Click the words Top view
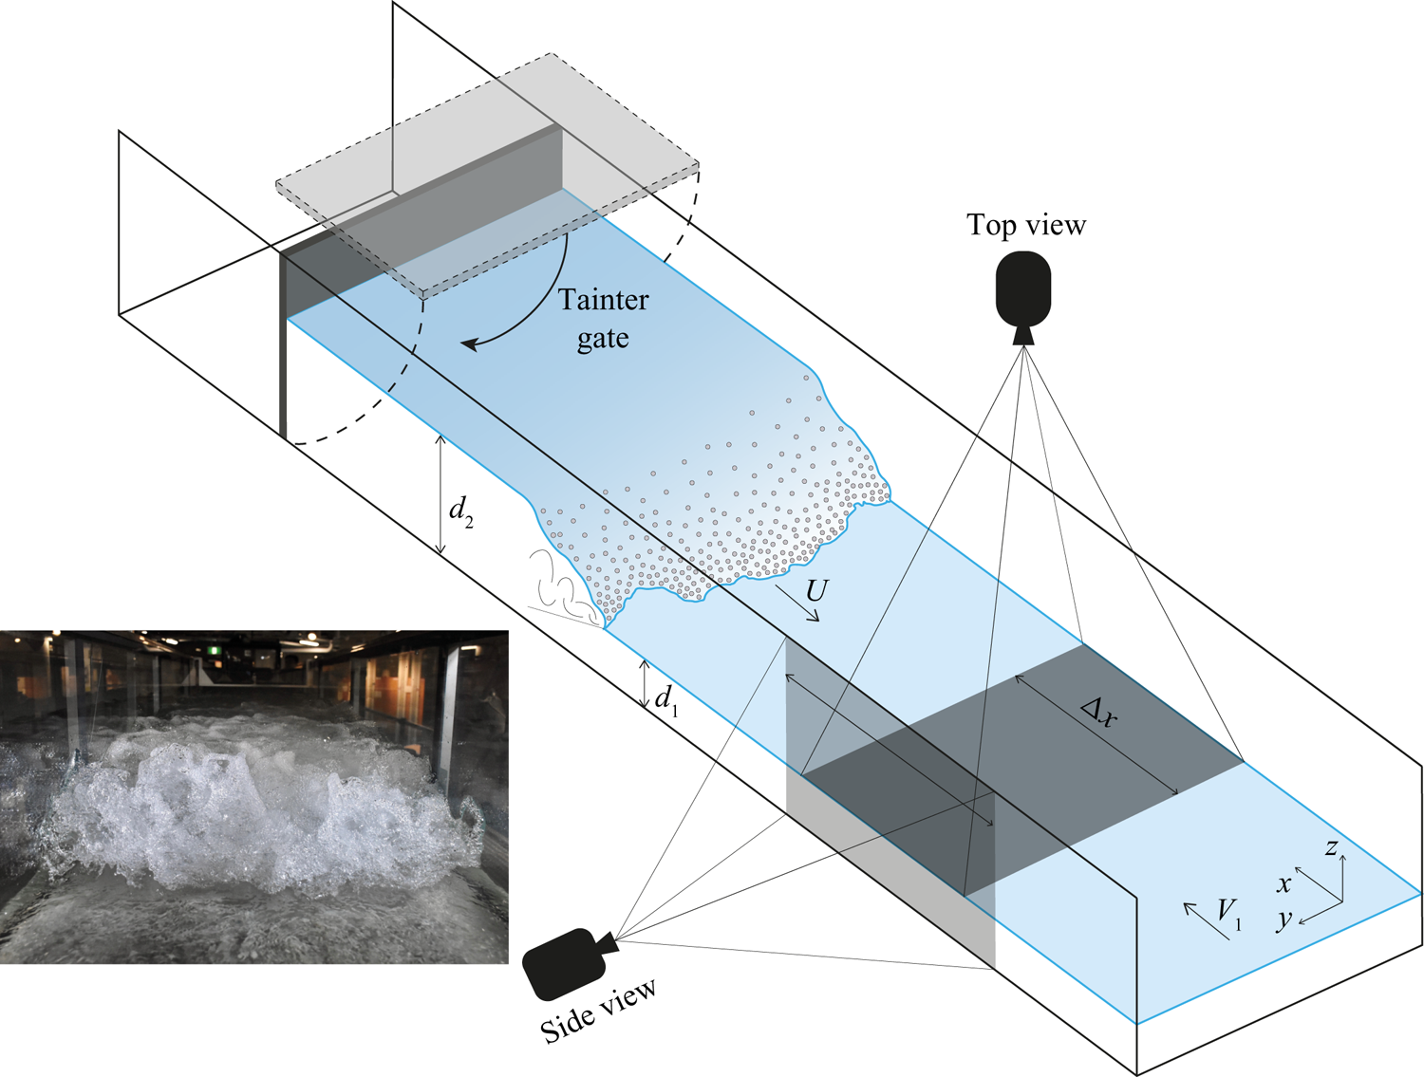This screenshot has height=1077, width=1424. point(1026,225)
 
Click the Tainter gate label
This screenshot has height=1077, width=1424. point(604,319)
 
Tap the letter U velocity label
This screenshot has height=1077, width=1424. point(816,591)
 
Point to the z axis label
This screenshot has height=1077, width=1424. point(1332,847)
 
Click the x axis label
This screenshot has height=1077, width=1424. point(1283,884)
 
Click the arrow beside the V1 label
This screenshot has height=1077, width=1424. point(1206,920)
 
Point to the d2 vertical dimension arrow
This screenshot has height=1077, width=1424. point(440,494)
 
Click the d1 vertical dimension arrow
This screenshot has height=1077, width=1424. point(645,683)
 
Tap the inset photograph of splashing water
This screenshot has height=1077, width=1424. point(253,797)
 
